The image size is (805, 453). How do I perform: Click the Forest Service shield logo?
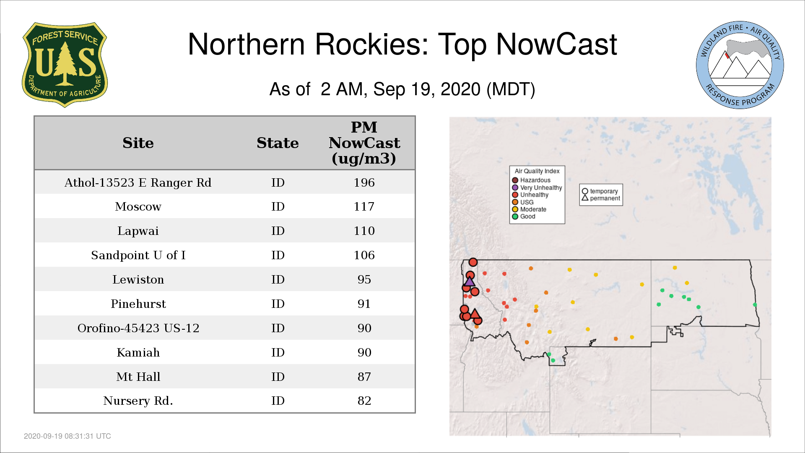click(65, 65)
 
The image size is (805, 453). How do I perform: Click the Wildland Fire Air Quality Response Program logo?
click(740, 65)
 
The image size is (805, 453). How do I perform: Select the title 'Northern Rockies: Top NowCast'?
click(402, 44)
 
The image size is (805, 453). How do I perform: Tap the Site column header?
click(138, 143)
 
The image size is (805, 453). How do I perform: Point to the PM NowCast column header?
click(364, 143)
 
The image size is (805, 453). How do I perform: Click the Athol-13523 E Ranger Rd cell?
click(138, 182)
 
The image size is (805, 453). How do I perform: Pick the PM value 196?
click(364, 182)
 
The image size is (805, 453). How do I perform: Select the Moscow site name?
click(138, 206)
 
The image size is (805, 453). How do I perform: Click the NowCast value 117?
click(364, 206)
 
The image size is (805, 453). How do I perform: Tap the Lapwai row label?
click(138, 231)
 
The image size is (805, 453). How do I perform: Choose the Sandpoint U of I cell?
click(138, 255)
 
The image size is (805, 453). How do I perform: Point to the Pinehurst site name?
click(138, 304)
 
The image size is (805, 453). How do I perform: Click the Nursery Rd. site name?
click(138, 401)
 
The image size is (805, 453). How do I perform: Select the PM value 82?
click(364, 401)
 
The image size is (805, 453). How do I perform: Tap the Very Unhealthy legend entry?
click(537, 187)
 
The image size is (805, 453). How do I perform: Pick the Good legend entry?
click(524, 216)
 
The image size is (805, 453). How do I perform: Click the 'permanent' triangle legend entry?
click(601, 198)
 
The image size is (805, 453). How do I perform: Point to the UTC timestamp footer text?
click(68, 436)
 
